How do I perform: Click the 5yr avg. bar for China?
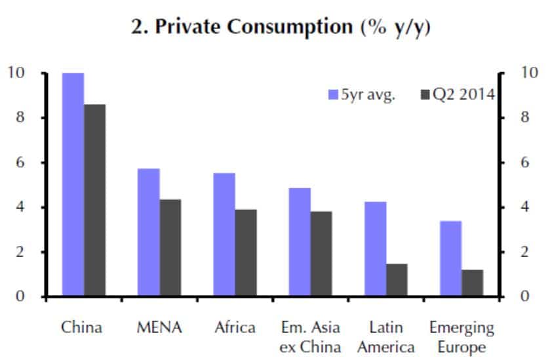[x=73, y=185]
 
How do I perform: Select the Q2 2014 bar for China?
[x=94, y=201]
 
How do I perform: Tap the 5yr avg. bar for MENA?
[x=149, y=233]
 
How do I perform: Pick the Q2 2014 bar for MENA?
[x=170, y=249]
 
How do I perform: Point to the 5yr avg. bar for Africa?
[x=224, y=235]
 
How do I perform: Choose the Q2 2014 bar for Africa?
[x=246, y=253]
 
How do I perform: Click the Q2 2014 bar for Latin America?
[x=397, y=280]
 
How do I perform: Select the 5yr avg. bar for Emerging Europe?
[x=450, y=259]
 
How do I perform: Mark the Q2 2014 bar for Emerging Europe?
[x=472, y=283]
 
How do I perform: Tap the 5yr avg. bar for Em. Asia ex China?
[x=300, y=242]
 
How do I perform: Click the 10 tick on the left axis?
[x=16, y=73]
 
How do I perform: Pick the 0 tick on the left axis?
[x=20, y=297]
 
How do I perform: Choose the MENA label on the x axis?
[x=159, y=327]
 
